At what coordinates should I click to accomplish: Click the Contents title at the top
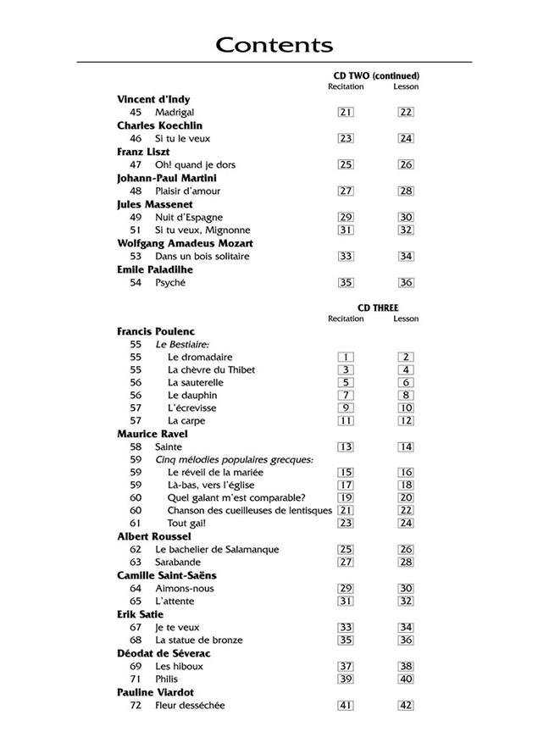pyautogui.click(x=274, y=45)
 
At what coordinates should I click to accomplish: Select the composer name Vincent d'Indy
pyautogui.click(x=153, y=99)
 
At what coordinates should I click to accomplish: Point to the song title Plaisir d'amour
pyautogui.click(x=187, y=191)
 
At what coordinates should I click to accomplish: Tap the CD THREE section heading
pyautogui.click(x=377, y=308)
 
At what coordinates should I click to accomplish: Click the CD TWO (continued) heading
pyautogui.click(x=377, y=76)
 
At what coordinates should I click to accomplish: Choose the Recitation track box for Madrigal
pyautogui.click(x=346, y=112)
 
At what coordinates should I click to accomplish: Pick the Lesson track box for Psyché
pyautogui.click(x=406, y=283)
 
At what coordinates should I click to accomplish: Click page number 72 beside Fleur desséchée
pyautogui.click(x=136, y=706)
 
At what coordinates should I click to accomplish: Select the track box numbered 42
pyautogui.click(x=406, y=706)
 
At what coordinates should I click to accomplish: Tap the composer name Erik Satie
pyautogui.click(x=140, y=614)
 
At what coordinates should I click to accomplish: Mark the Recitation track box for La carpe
pyautogui.click(x=346, y=420)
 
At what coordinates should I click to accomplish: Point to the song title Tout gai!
pyautogui.click(x=187, y=523)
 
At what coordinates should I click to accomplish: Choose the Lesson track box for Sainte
pyautogui.click(x=406, y=446)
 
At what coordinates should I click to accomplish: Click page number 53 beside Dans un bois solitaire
pyautogui.click(x=136, y=256)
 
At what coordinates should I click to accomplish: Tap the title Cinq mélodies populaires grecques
pyautogui.click(x=234, y=459)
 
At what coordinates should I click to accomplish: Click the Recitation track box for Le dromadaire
pyautogui.click(x=346, y=358)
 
